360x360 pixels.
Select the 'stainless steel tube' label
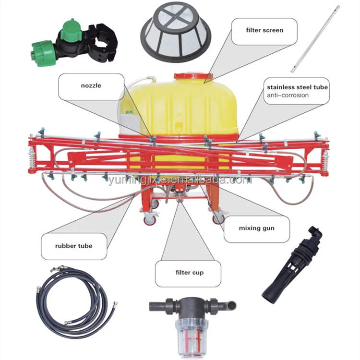click(298, 87)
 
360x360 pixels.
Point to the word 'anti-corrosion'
click(288, 95)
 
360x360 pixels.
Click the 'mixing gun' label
click(256, 228)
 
